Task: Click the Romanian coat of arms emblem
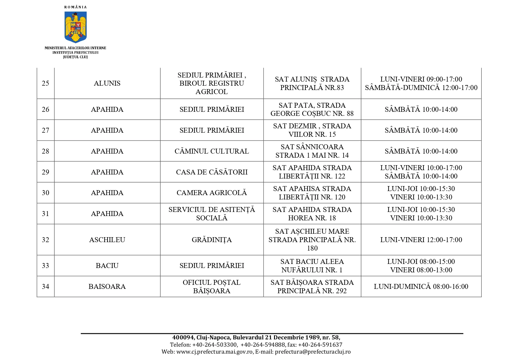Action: pyautogui.click(x=76, y=27)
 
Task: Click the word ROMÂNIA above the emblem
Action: pyautogui.click(x=76, y=7)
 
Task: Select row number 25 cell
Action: pyautogui.click(x=46, y=83)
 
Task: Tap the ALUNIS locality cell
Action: pyautogui.click(x=107, y=83)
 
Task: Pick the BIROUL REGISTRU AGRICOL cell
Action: pyautogui.click(x=212, y=83)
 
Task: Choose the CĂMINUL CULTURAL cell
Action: pyautogui.click(x=212, y=151)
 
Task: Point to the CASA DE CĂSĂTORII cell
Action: pyautogui.click(x=212, y=172)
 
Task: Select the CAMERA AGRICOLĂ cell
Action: pyautogui.click(x=212, y=193)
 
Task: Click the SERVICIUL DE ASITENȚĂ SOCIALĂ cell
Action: pyautogui.click(x=212, y=214)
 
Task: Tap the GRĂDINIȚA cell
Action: pyautogui.click(x=212, y=240)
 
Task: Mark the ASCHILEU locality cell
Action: pyautogui.click(x=107, y=240)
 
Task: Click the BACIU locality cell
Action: pyautogui.click(x=107, y=266)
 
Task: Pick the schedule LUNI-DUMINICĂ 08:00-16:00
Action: pyautogui.click(x=421, y=287)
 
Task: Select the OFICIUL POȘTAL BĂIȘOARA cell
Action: pyautogui.click(x=212, y=287)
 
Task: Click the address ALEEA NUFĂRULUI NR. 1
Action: pyautogui.click(x=312, y=266)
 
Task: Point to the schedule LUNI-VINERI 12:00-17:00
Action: pyautogui.click(x=421, y=240)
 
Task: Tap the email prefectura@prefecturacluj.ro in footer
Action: pyautogui.click(x=313, y=352)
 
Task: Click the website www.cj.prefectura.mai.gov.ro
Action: pyautogui.click(x=214, y=352)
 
